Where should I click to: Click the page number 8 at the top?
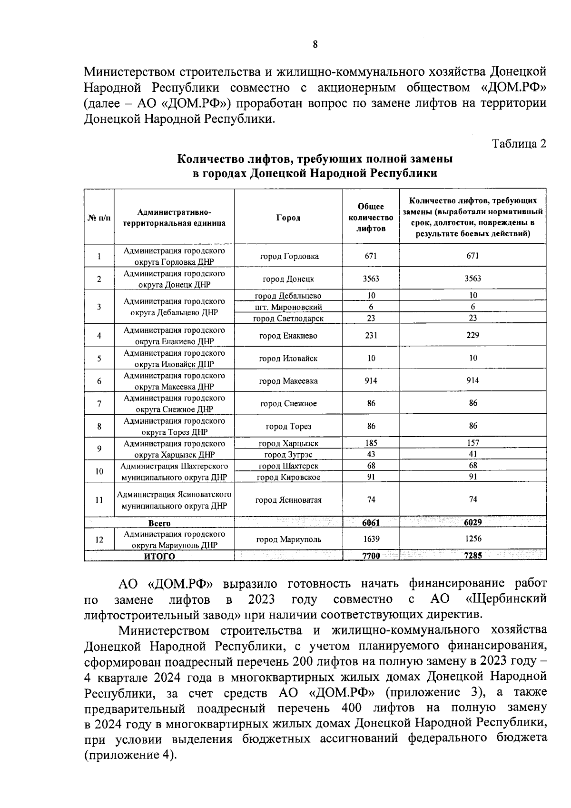(315, 45)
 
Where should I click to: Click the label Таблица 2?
(519, 143)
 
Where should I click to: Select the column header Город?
(288, 218)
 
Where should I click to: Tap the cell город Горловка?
(289, 256)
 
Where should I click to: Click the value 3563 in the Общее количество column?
(371, 279)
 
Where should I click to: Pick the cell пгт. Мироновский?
(288, 307)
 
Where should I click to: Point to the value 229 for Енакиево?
(473, 335)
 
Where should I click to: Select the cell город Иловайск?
(288, 358)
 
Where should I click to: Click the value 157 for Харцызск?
(473, 443)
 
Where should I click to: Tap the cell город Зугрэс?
(288, 455)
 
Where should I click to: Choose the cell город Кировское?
(288, 477)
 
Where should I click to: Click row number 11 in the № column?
(99, 500)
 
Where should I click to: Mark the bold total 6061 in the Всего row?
(371, 522)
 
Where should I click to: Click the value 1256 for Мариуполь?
(473, 539)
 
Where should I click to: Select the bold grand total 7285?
(473, 555)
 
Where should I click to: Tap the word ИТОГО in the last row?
(159, 556)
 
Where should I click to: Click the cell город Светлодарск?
(288, 318)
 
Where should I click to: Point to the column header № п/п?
(99, 218)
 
